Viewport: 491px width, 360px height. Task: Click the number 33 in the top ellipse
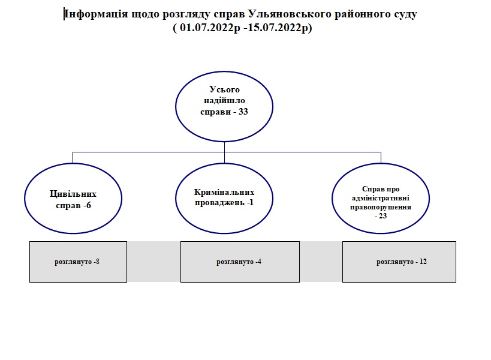point(243,112)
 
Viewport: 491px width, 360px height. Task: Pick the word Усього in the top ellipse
point(223,90)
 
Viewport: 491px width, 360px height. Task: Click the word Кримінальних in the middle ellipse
point(224,192)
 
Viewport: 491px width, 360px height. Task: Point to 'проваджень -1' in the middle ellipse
point(224,202)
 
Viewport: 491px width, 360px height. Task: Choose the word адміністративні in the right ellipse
point(381,197)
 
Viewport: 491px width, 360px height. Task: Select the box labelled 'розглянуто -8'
point(78,262)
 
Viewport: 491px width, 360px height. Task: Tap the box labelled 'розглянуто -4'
point(239,262)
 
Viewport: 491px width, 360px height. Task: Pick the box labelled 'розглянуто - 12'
point(399,262)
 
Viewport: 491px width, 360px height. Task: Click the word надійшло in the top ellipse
point(223,101)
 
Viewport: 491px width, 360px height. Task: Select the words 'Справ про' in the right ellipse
point(381,188)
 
